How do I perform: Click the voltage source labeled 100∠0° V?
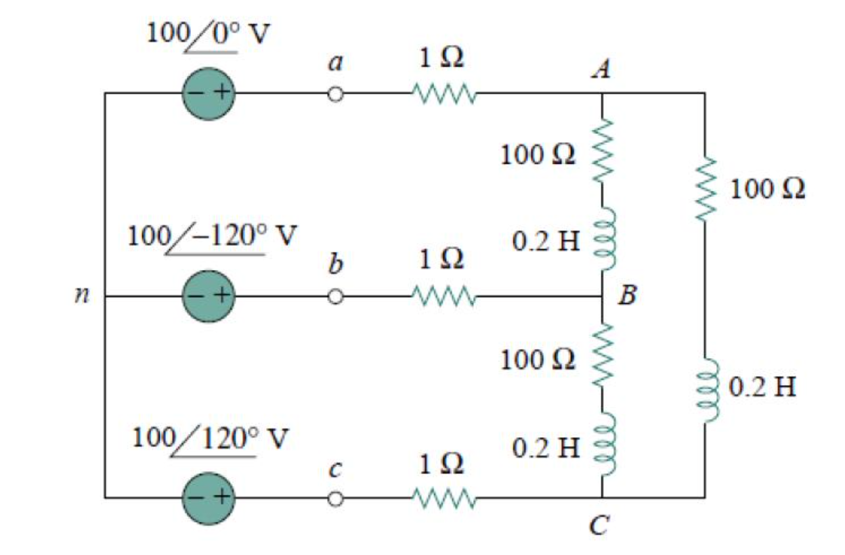click(x=208, y=93)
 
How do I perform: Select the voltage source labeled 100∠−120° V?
click(x=208, y=296)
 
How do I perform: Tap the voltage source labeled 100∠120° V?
click(x=208, y=498)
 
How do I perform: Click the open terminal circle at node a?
click(x=334, y=94)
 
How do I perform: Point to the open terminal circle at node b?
click(x=334, y=296)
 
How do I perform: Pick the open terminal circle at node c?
click(x=334, y=499)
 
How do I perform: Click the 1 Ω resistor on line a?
click(x=443, y=94)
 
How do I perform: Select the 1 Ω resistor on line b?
click(x=443, y=296)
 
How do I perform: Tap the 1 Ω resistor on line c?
click(x=443, y=499)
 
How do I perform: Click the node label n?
click(x=81, y=296)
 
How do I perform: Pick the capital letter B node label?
click(x=628, y=296)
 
